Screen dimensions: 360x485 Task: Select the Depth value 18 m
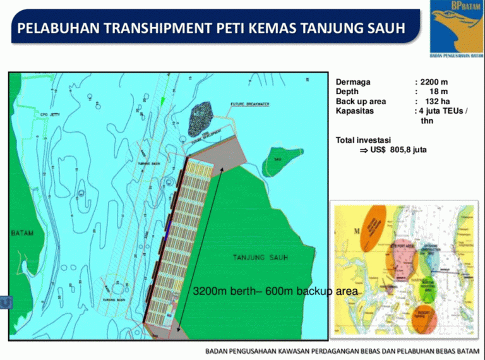(x=438, y=92)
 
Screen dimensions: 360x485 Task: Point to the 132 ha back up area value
(x=436, y=101)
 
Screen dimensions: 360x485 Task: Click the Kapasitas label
(x=355, y=111)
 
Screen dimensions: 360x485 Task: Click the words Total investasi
(x=364, y=140)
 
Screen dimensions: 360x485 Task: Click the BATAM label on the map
(x=22, y=233)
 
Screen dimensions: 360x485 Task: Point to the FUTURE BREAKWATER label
(x=250, y=104)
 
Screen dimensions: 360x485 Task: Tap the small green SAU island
(x=278, y=159)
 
